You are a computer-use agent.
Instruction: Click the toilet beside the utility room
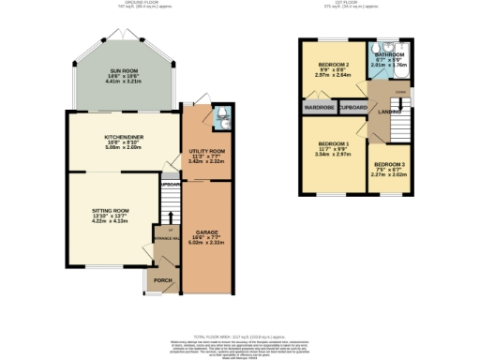220,116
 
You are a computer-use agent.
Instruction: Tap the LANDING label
386,114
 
